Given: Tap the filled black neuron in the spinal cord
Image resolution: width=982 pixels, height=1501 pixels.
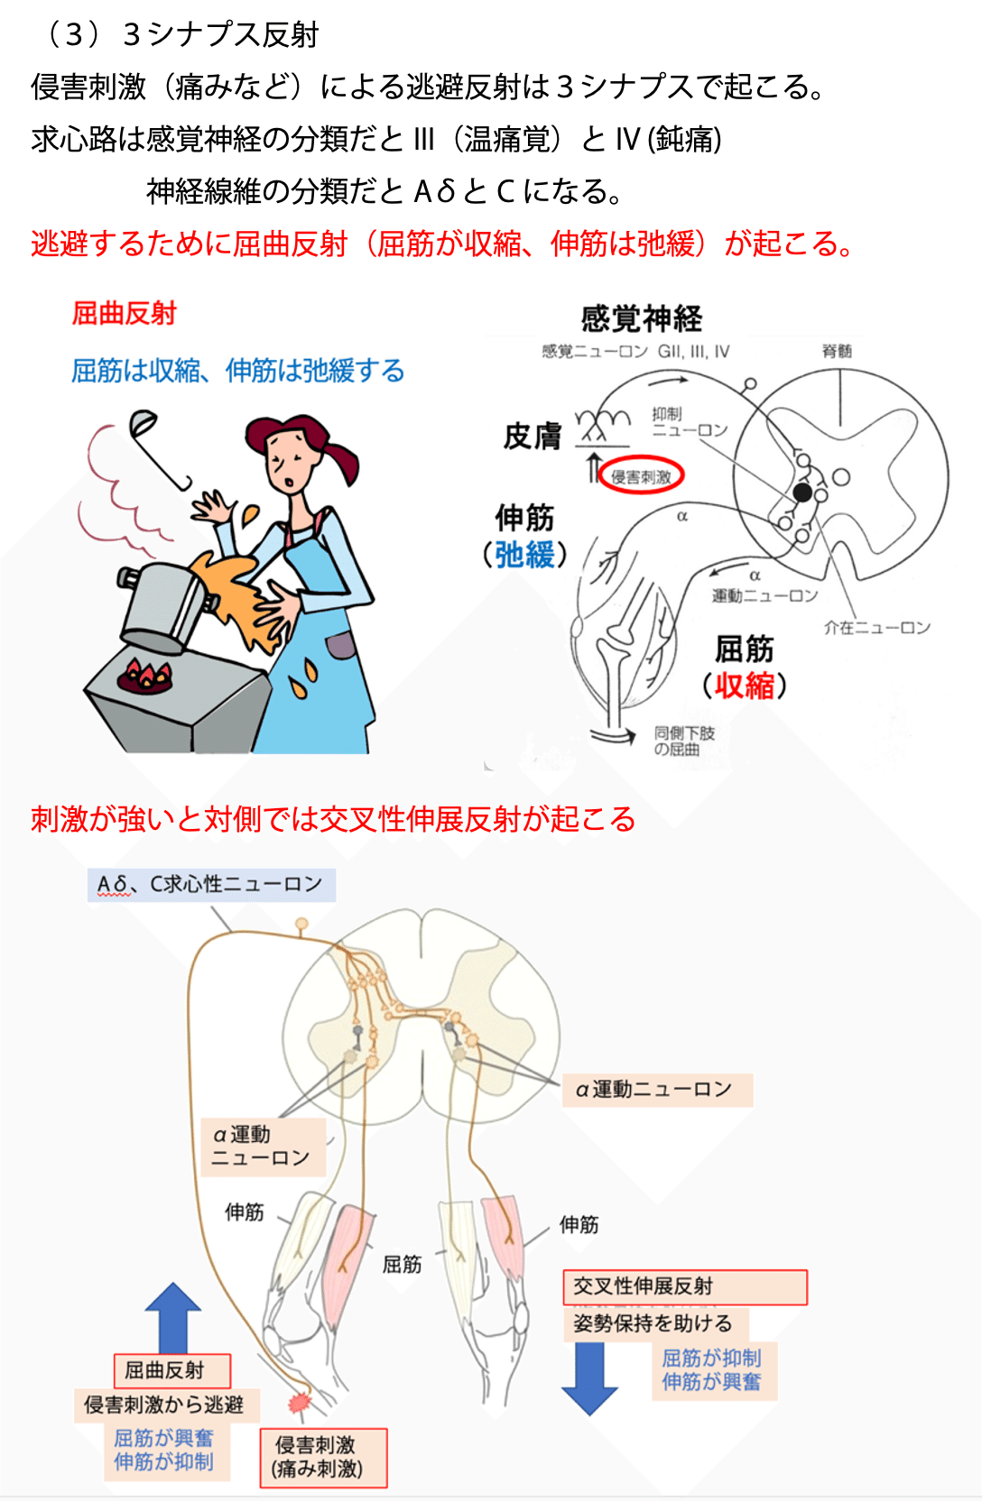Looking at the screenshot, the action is coord(801,493).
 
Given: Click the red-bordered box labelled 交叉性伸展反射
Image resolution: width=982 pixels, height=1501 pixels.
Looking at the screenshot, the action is coord(684,1286).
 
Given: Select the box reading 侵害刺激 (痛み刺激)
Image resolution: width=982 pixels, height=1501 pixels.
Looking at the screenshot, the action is coord(323,1457).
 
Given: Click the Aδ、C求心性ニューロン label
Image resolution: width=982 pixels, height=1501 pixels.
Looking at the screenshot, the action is coord(211,885).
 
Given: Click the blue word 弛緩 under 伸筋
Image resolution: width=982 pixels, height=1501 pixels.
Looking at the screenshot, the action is coord(525,555).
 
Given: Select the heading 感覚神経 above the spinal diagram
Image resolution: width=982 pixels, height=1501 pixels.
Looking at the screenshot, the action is coord(642,318).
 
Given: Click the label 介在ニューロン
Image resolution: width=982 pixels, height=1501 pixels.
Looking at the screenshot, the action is coord(876,627).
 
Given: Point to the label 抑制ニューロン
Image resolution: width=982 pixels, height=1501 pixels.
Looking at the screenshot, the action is coord(689,421).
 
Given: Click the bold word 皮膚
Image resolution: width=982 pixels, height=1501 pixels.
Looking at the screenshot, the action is coord(533,437).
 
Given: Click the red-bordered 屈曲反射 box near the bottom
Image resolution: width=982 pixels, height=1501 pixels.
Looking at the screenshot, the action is coord(172,1370).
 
